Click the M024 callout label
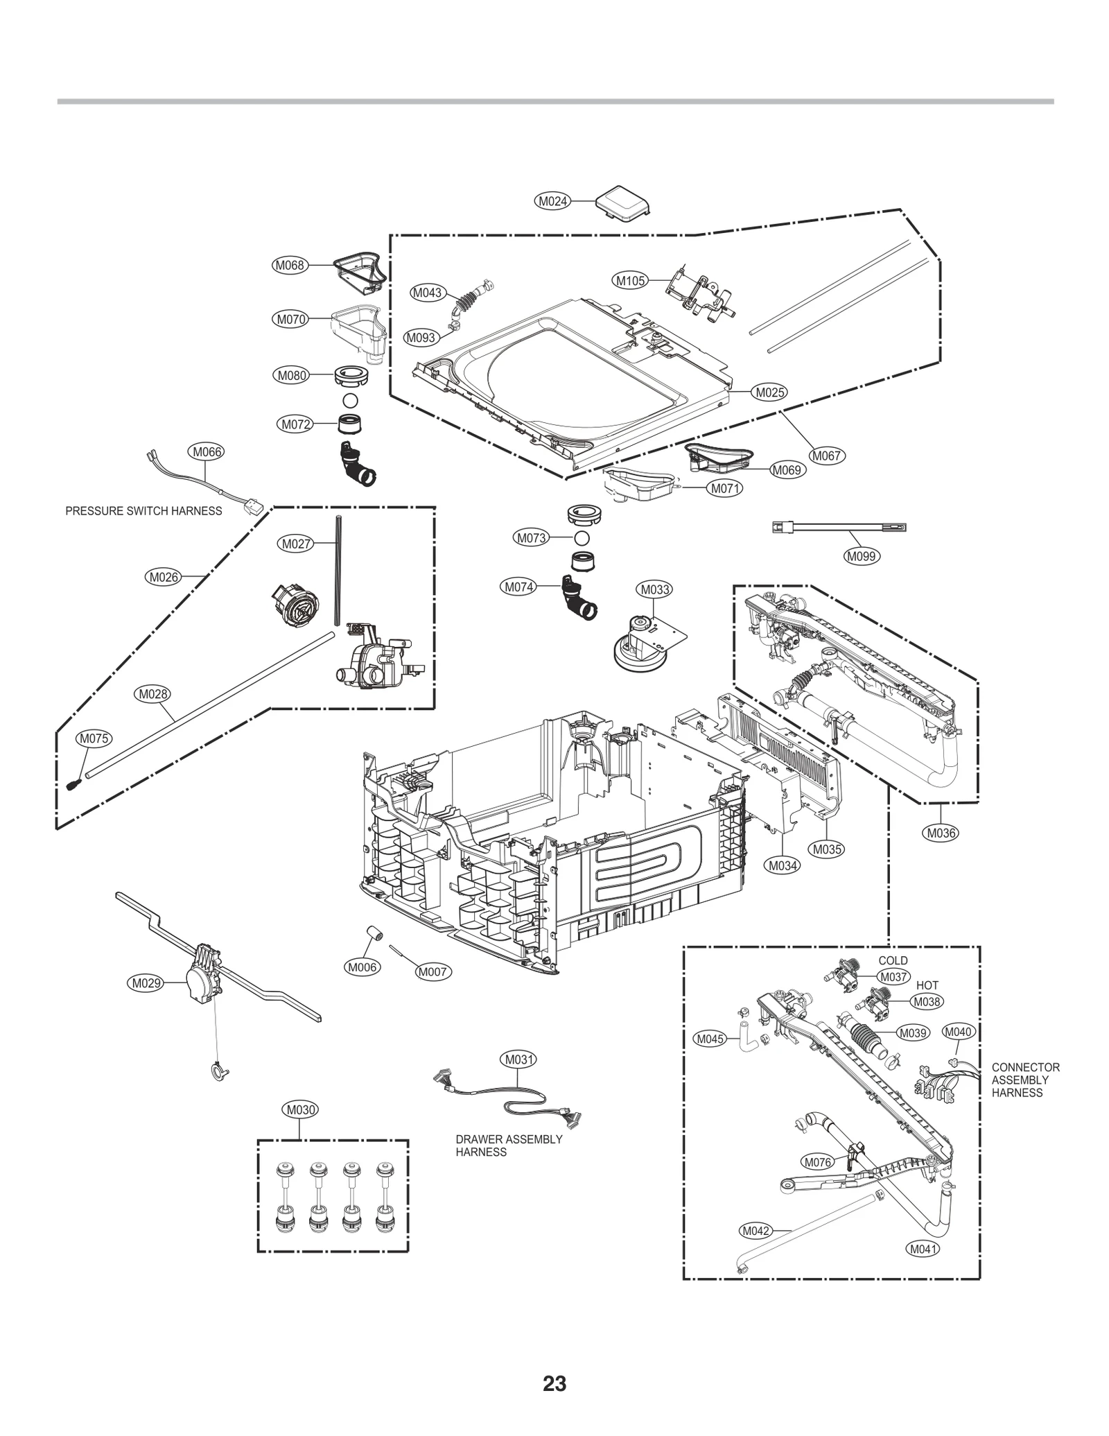pyautogui.click(x=553, y=202)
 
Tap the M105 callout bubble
pyautogui.click(x=631, y=281)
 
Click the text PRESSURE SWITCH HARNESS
pyautogui.click(x=143, y=511)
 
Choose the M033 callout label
pyautogui.click(x=654, y=589)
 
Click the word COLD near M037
pyautogui.click(x=893, y=960)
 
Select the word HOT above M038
pyautogui.click(x=927, y=985)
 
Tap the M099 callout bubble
pyautogui.click(x=862, y=556)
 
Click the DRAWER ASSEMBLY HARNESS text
pyautogui.click(x=508, y=1145)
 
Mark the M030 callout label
pyautogui.click(x=301, y=1110)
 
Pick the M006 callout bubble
pyautogui.click(x=363, y=967)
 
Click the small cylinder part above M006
pyautogui.click(x=376, y=936)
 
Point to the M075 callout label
pyautogui.click(x=94, y=738)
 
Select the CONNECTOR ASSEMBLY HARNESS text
pyautogui.click(x=1025, y=1080)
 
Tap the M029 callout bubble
pyautogui.click(x=146, y=983)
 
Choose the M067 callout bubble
pyautogui.click(x=826, y=456)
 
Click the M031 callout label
pyautogui.click(x=519, y=1059)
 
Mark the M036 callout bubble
pyautogui.click(x=941, y=833)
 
